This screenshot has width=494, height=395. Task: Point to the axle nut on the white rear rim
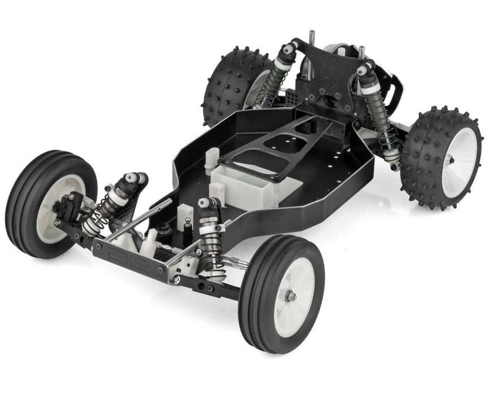coord(449,160)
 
